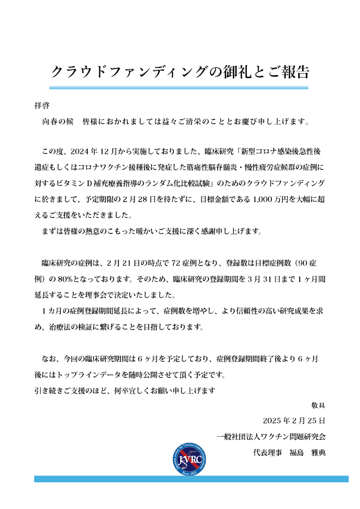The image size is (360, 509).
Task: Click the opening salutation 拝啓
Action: tap(42, 106)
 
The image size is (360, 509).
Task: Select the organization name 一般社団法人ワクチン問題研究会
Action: tap(272, 437)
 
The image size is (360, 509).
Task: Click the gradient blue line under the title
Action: tap(179, 87)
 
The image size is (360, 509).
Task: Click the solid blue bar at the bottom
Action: tap(191, 479)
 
